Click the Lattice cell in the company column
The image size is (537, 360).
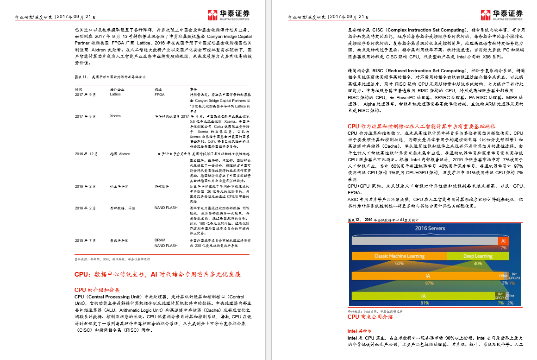point(115,94)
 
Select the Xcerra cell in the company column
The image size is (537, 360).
point(115,116)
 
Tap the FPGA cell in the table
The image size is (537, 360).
point(159,94)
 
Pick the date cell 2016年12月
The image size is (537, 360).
point(87,153)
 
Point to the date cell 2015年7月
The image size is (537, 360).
point(85,240)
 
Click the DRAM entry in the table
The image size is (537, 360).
point(160,240)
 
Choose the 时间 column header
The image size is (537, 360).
point(78,88)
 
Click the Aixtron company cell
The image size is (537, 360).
point(120,153)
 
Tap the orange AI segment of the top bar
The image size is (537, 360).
point(503,241)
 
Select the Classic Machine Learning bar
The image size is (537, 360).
point(399,256)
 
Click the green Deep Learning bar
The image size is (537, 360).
point(478,256)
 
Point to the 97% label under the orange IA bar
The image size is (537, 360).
point(429,283)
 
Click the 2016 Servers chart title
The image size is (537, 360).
point(430,228)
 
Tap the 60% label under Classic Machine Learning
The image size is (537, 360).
point(399,263)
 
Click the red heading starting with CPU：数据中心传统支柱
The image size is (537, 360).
point(157,274)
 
